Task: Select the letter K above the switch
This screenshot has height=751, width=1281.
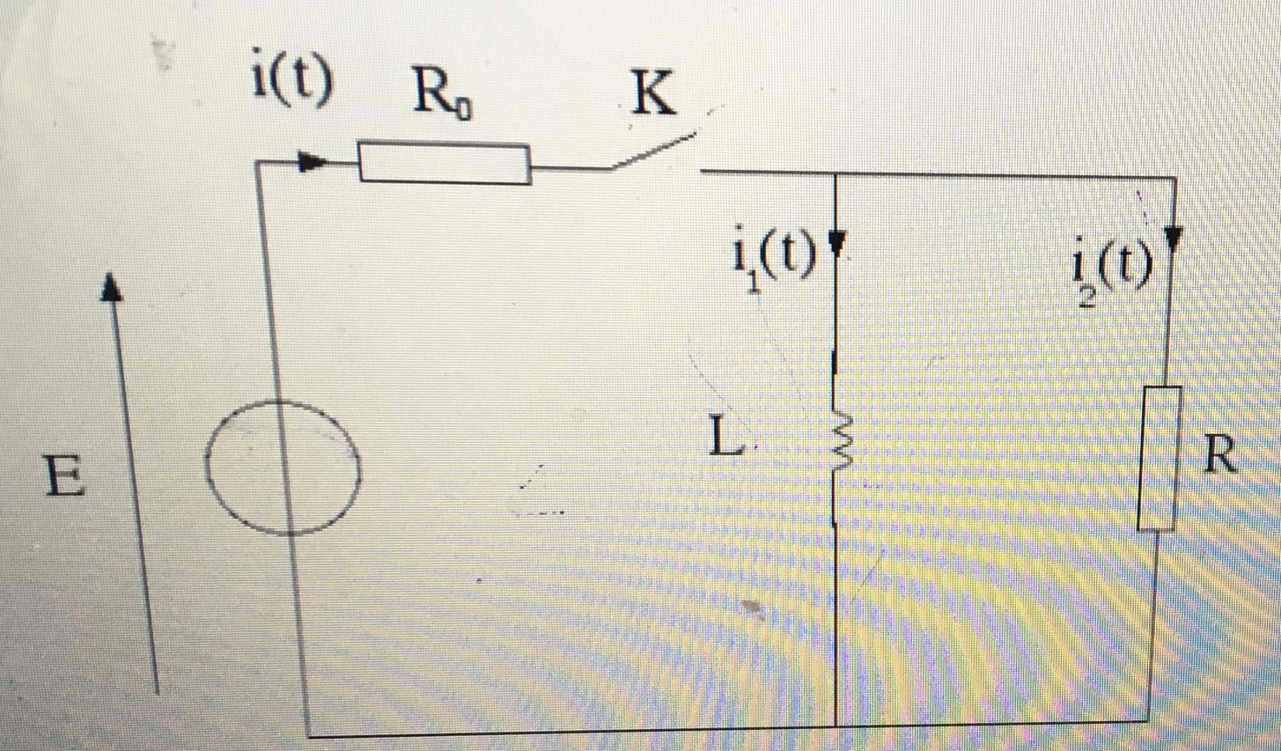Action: (653, 93)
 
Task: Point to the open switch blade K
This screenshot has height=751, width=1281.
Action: (653, 152)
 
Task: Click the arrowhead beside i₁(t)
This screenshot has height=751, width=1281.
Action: (836, 242)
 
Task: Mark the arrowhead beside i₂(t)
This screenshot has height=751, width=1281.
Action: (1173, 238)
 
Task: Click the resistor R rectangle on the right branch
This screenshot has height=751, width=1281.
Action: (1159, 458)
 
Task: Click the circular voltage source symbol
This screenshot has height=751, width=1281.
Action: (282, 467)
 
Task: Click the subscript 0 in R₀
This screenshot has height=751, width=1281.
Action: (464, 113)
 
